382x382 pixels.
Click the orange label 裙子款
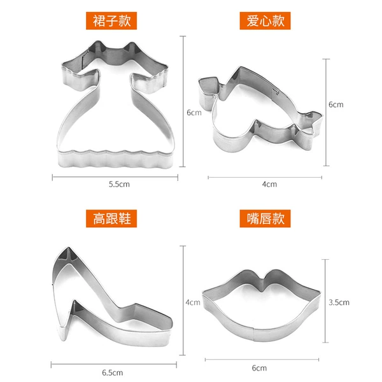pos(111,21)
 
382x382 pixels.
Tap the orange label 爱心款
pos(265,21)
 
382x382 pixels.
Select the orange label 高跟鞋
pos(111,218)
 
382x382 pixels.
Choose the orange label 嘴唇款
pos(265,218)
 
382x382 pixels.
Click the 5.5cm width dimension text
pos(119,184)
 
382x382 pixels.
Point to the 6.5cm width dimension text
pos(112,372)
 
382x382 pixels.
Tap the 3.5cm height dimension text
pos(339,302)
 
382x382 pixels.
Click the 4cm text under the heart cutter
pos(269,184)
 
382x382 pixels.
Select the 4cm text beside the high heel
pos(193,302)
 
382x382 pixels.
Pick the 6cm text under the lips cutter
pos(259,368)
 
